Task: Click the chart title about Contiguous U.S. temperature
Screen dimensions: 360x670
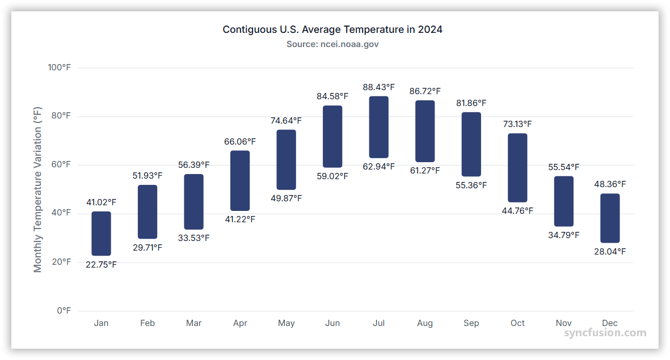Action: pos(332,29)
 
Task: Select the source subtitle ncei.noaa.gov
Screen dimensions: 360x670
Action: pos(332,44)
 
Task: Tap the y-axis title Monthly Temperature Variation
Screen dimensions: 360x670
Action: pos(38,189)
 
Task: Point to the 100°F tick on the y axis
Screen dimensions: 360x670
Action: pos(59,67)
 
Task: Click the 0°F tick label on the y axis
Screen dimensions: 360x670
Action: pos(64,311)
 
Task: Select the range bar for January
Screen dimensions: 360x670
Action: pos(101,234)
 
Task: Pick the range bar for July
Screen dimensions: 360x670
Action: pos(378,127)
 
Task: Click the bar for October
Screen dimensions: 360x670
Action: pos(517,168)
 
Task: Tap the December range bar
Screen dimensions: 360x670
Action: pos(610,218)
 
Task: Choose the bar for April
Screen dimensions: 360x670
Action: pos(240,181)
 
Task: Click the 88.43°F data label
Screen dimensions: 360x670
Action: pos(378,87)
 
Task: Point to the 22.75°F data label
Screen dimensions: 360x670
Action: pos(101,265)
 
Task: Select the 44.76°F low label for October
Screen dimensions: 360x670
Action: pos(517,211)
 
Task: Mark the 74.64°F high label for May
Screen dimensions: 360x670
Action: pos(286,121)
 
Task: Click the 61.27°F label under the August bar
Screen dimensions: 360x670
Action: pos(425,171)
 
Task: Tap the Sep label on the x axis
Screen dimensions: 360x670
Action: pos(471,323)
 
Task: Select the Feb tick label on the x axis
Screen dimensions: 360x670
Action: pos(148,323)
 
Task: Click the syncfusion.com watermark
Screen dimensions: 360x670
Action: pos(605,333)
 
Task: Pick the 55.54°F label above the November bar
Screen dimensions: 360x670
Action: pos(564,167)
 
